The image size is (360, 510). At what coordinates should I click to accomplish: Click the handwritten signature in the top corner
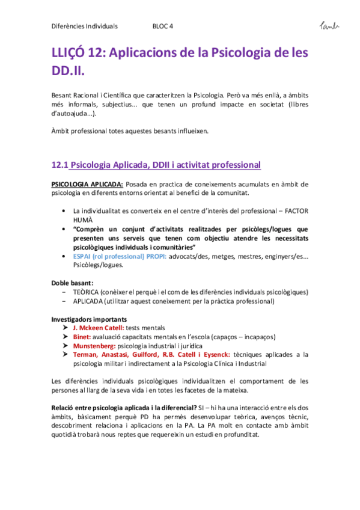point(329,25)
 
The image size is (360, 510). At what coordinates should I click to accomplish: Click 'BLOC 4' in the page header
point(163,26)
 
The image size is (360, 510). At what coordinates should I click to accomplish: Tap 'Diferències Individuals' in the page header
point(84,26)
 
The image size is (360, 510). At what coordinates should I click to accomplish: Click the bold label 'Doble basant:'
point(72,283)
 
